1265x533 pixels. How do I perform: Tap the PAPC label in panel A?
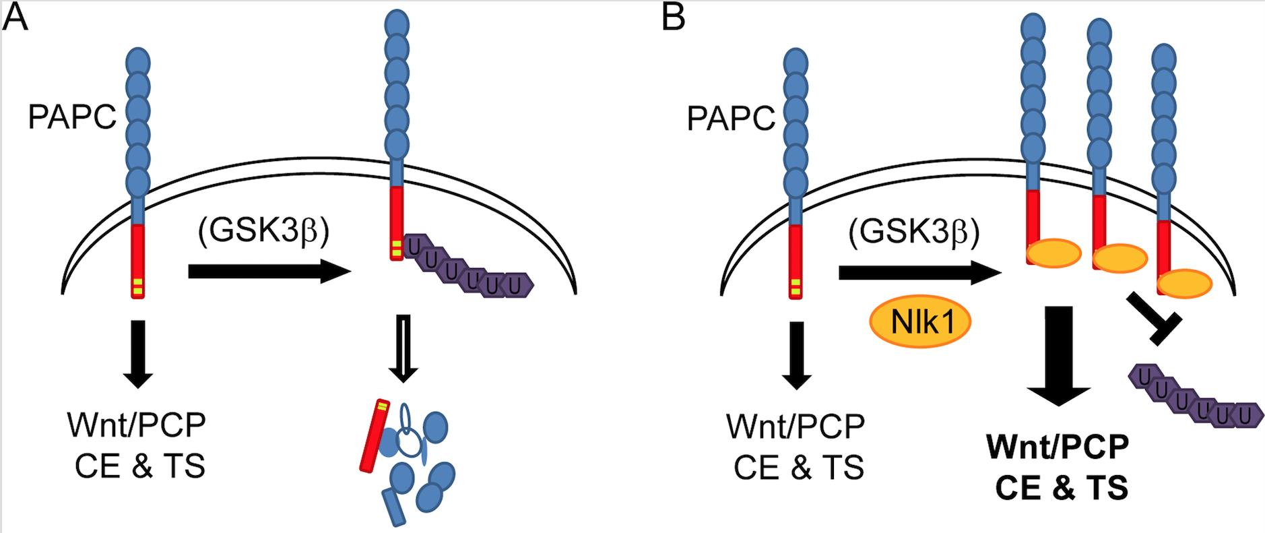pos(72,118)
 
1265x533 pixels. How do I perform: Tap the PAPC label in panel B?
pos(731,119)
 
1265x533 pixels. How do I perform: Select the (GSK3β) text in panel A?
pos(263,231)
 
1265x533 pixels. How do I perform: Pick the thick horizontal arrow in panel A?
pos(269,272)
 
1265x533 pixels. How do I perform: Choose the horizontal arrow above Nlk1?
pos(920,273)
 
